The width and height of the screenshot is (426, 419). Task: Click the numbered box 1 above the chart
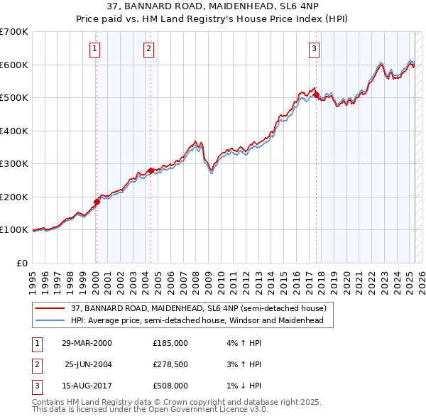point(95,49)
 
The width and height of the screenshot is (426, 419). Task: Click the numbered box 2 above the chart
point(148,49)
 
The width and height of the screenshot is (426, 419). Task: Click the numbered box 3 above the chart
point(314,49)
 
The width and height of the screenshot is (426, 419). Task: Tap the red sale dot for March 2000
point(97,202)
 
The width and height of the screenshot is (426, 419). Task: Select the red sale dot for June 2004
point(151,170)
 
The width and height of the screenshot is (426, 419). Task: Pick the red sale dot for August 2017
point(317,94)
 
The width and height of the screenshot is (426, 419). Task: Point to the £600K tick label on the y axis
point(13,65)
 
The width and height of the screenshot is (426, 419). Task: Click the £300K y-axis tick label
point(13,163)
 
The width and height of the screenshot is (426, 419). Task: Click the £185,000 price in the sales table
point(170,342)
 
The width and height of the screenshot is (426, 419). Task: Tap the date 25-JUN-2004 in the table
point(89,364)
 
